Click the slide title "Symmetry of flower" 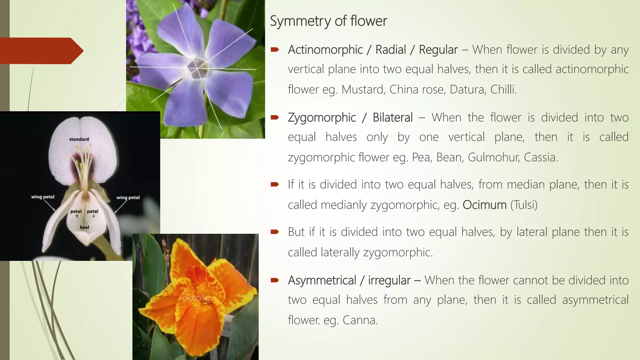coord(328,21)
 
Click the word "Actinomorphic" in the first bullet coord(325,50)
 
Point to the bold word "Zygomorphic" coord(322,117)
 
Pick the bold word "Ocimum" coord(484,205)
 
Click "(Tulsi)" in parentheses coord(524,205)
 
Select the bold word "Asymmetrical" coord(322,280)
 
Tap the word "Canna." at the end coord(360,320)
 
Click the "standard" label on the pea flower coord(79,139)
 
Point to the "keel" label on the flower coord(84,227)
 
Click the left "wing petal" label coord(43,197)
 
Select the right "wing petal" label coord(128,197)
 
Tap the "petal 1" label coord(76,213)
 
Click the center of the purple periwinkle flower coord(197,67)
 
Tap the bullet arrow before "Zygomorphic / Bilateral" coord(275,117)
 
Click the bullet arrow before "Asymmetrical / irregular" coord(275,280)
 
